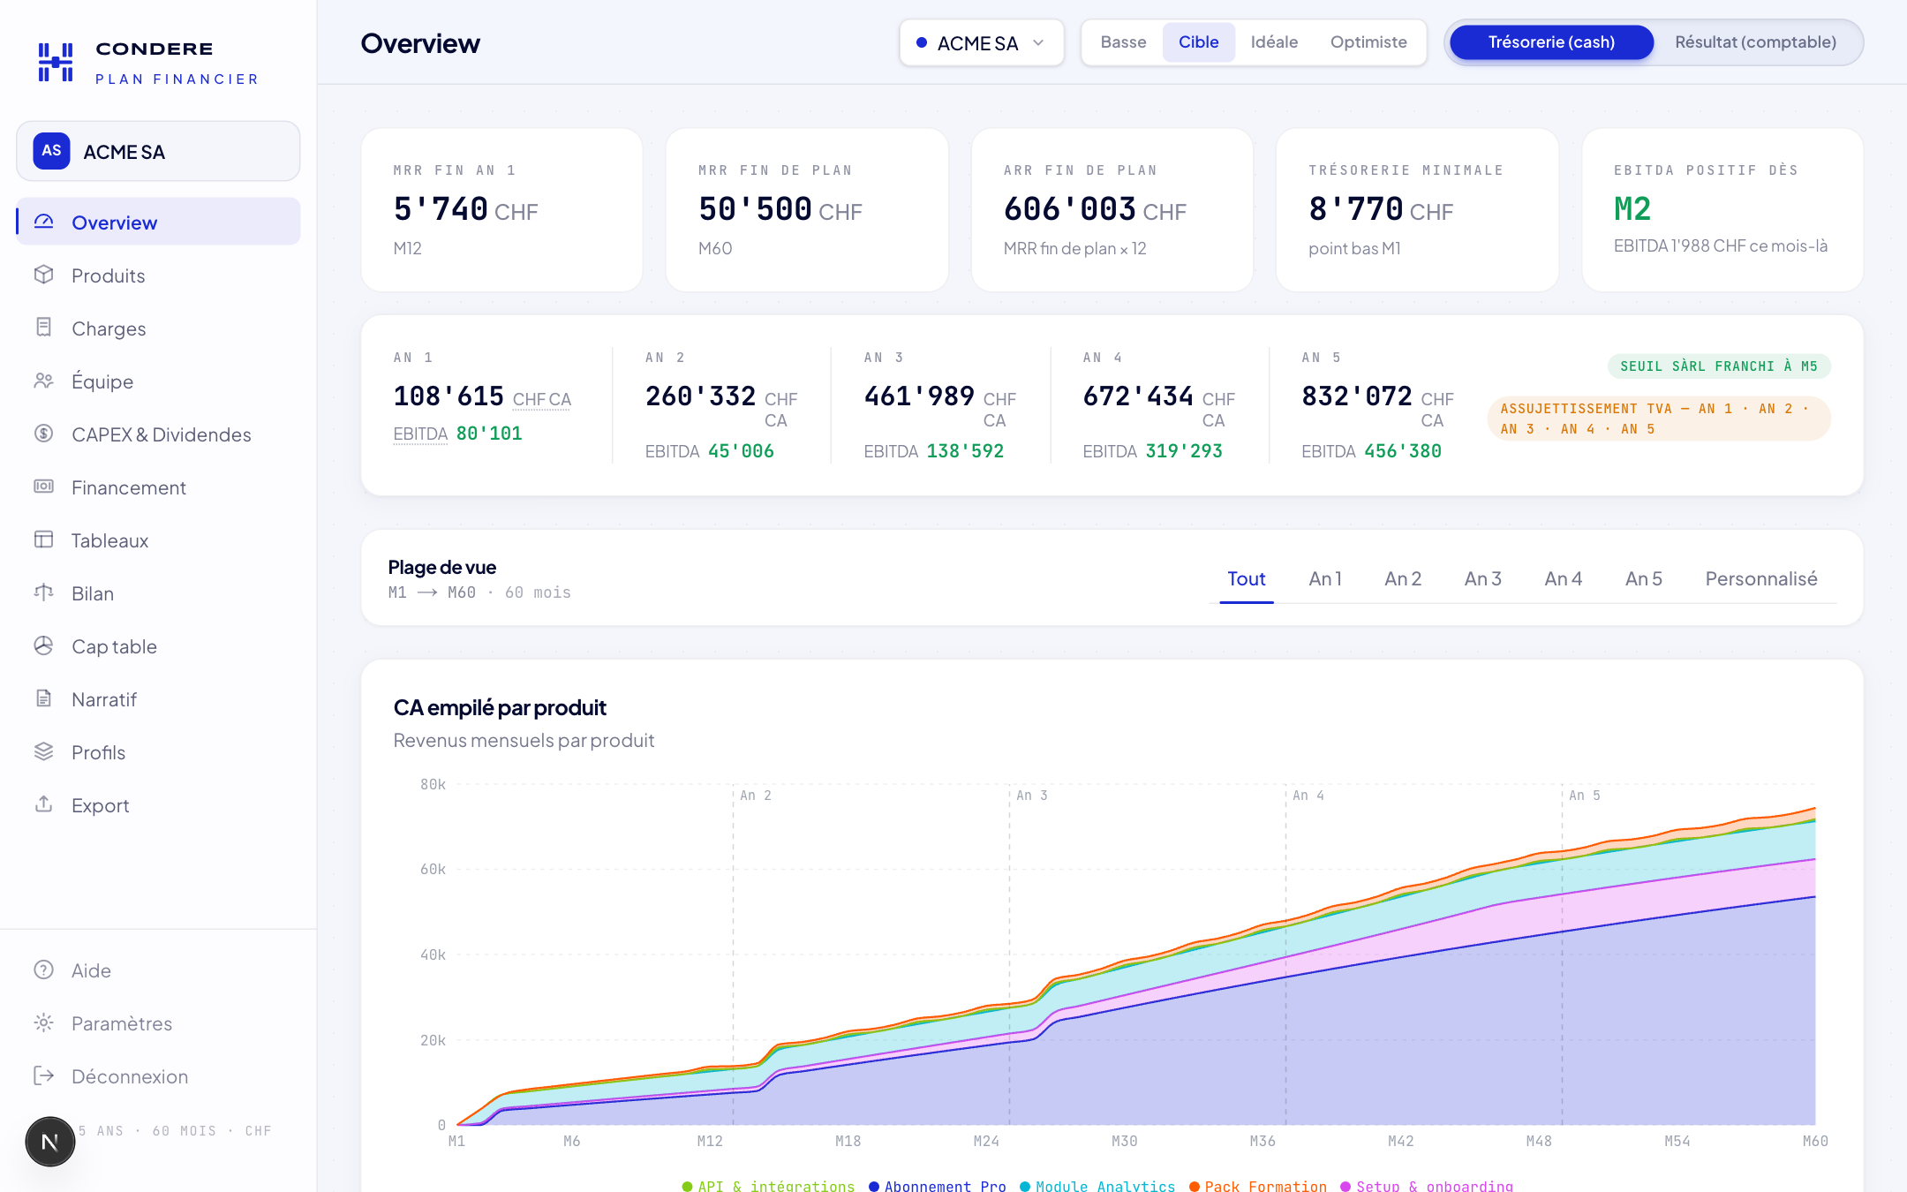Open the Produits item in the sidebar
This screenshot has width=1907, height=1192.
(x=108, y=275)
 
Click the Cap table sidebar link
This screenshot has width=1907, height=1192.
(x=114, y=646)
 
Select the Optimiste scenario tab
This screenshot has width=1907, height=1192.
(x=1368, y=42)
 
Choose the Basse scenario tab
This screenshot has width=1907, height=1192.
(x=1123, y=42)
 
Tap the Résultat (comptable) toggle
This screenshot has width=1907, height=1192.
(x=1755, y=42)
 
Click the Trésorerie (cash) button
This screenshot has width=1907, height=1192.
(x=1551, y=42)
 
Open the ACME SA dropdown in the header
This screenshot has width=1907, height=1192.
(x=981, y=42)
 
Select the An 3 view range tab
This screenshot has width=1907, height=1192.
(x=1482, y=579)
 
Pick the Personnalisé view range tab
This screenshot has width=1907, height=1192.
(x=1760, y=579)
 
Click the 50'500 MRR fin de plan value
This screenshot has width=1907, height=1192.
(x=755, y=209)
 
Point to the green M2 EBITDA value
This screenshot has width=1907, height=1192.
(x=1632, y=209)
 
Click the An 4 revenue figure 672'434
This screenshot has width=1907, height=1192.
(x=1138, y=396)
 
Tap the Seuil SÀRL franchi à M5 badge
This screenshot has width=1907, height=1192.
(x=1719, y=366)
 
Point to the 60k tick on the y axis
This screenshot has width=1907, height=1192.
(x=433, y=870)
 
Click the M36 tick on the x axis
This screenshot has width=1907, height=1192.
(x=1263, y=1141)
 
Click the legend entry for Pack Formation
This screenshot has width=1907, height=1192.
(x=1258, y=1186)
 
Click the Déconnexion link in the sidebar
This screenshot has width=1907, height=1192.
(x=130, y=1076)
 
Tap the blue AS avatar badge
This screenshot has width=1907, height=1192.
(x=52, y=151)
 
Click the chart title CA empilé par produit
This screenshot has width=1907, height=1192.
(x=500, y=707)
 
